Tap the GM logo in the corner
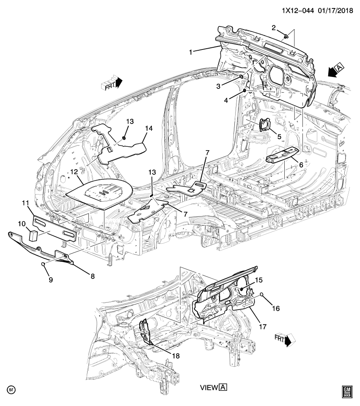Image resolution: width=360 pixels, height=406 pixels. point(347,391)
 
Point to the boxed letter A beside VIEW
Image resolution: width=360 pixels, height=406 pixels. point(223,387)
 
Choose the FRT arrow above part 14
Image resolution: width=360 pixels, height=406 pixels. point(112,83)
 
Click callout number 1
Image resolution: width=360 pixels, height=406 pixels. point(192,52)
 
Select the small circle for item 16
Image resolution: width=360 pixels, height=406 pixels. point(263,294)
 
